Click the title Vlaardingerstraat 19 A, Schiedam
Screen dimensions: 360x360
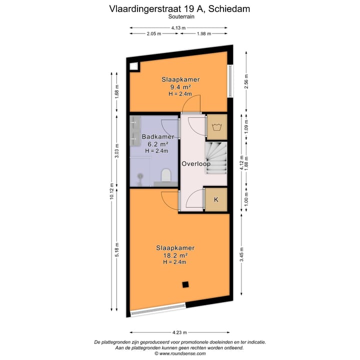coord(180,8)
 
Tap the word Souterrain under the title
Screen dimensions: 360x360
coord(180,16)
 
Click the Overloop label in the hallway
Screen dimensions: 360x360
coord(196,163)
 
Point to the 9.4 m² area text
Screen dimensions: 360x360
coord(180,86)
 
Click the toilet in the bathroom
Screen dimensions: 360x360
coord(166,175)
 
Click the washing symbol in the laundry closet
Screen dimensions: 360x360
coord(217,126)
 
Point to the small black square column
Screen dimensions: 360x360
coord(185,285)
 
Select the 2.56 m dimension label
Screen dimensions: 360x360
coord(245,81)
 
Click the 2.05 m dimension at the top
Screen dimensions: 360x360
coord(154,34)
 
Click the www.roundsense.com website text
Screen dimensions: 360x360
coord(180,353)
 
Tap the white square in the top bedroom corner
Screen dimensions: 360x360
coord(134,66)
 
